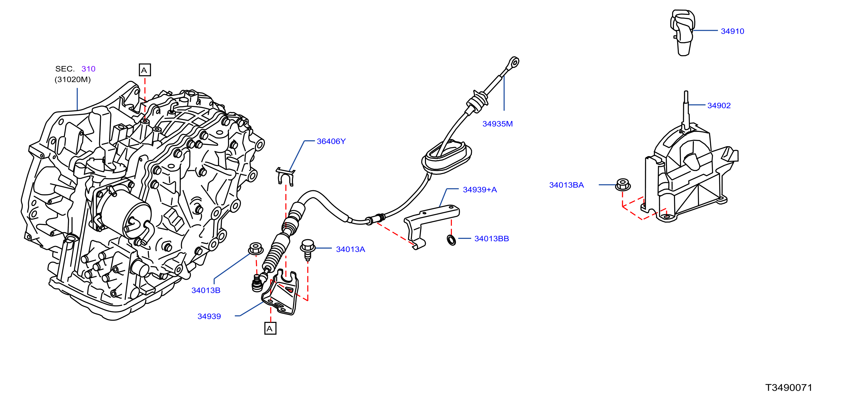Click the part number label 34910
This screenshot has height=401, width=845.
point(732,31)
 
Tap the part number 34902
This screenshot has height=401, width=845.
point(719,105)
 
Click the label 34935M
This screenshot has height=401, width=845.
point(497,124)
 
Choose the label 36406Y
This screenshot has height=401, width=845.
point(331,141)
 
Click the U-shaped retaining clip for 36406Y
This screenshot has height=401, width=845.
point(285,176)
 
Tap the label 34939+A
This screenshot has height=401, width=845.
point(480,189)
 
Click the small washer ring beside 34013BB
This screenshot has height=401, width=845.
point(451,240)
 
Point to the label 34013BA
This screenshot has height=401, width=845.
point(567,185)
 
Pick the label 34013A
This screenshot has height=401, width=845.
point(350,249)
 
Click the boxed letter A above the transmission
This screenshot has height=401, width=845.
point(145,70)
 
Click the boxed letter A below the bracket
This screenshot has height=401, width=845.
point(270,328)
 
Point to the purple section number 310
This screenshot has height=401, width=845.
point(88,69)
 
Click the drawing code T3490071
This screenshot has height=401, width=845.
point(789,387)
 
